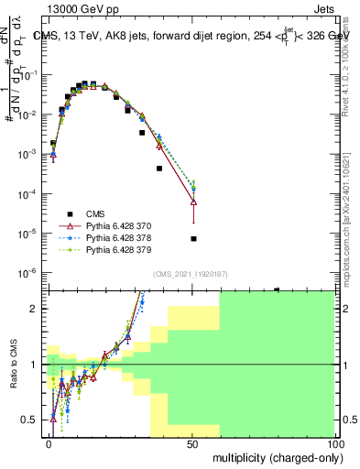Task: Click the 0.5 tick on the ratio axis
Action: [32, 420]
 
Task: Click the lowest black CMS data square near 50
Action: [193, 239]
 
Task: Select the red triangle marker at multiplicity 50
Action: [193, 202]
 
